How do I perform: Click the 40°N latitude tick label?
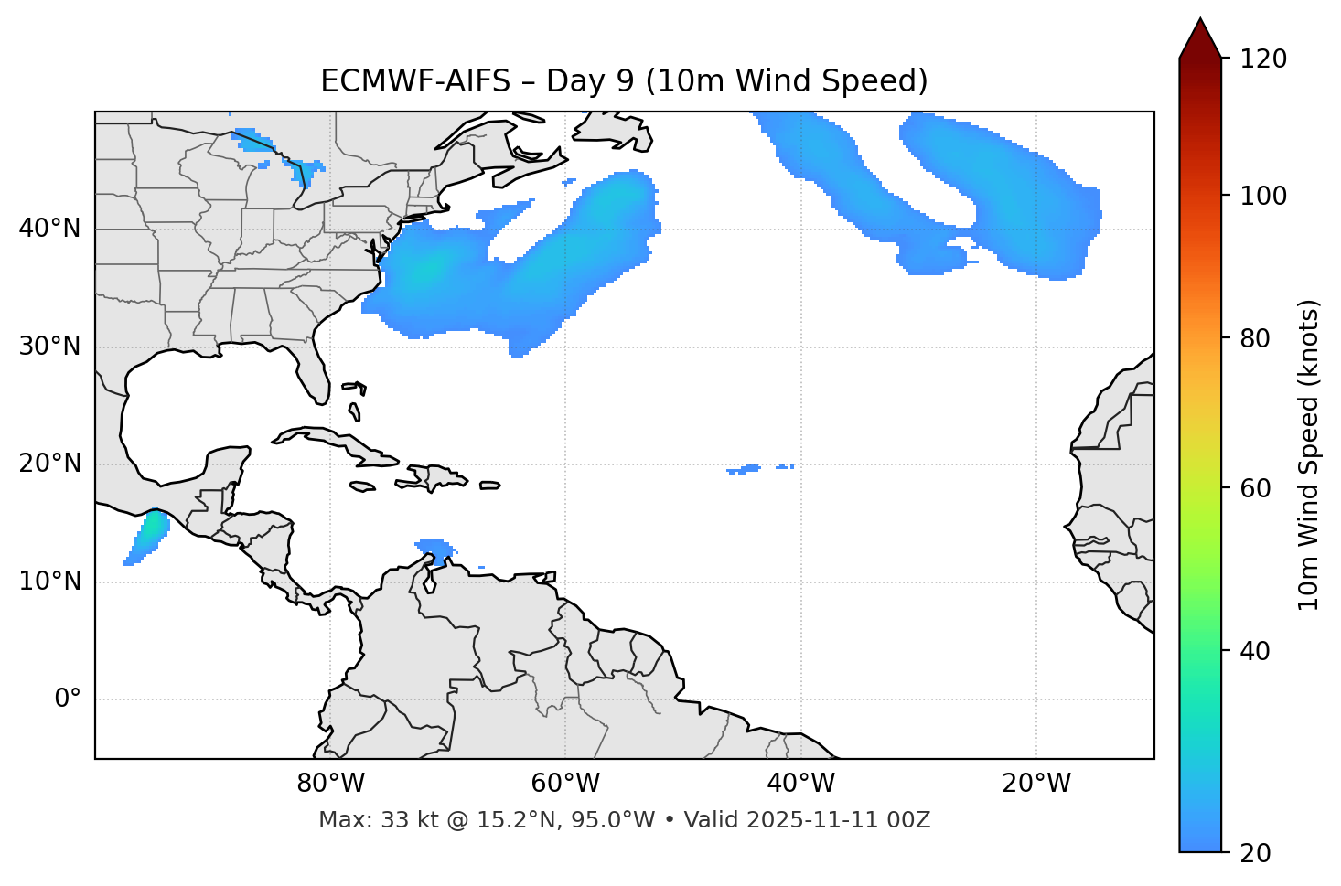pos(49,229)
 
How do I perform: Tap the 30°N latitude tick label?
pos(49,347)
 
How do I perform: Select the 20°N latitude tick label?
pos(49,464)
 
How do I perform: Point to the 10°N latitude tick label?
pos(49,582)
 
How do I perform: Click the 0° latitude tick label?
pos(68,699)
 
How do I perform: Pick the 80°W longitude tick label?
pos(330,784)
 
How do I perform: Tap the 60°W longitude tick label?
pos(565,784)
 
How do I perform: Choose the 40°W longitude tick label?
pos(800,784)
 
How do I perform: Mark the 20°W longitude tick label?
pos(1036,784)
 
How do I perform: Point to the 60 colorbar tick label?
pos(1254,488)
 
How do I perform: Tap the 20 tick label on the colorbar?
pos(1254,853)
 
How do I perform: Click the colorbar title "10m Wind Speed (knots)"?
pos(1309,454)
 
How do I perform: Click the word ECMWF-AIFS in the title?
pos(415,81)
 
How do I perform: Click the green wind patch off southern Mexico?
pos(152,528)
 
